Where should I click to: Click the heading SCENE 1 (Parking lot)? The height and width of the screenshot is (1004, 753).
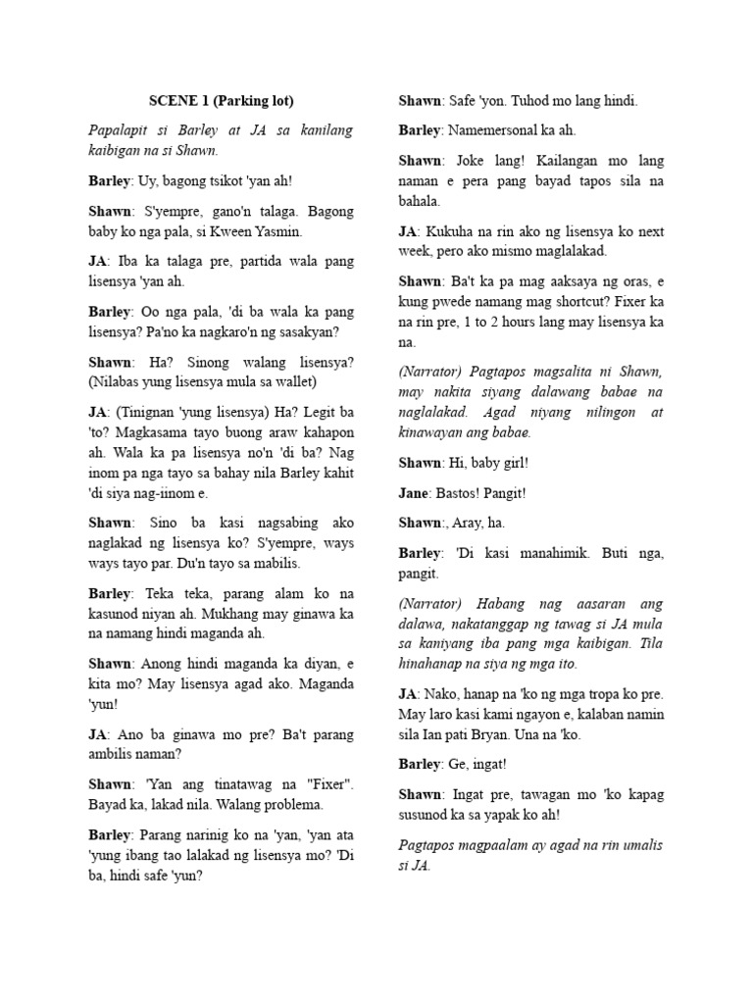[221, 101]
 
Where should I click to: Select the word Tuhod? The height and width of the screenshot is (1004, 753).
[518, 101]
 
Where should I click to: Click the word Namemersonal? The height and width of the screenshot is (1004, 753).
[499, 130]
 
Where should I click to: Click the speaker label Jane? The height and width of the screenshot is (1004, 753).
[416, 492]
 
